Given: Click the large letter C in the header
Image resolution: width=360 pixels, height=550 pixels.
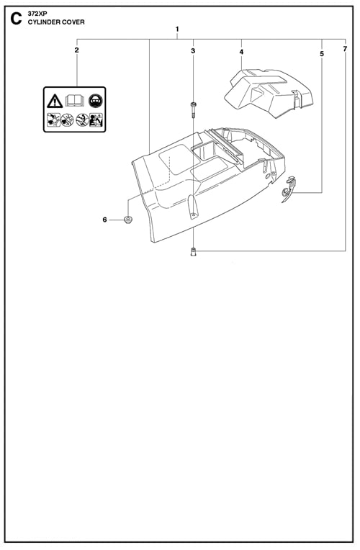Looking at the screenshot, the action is (x=16, y=19).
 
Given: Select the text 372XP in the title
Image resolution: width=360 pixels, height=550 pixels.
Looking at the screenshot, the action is (x=35, y=14).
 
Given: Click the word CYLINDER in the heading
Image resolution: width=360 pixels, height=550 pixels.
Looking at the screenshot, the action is (x=44, y=22).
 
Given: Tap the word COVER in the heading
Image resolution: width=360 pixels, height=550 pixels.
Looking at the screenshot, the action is (x=73, y=22).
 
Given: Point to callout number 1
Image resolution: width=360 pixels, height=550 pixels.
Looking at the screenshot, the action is (x=177, y=29).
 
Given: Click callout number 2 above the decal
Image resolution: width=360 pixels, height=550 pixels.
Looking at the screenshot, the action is (x=77, y=50).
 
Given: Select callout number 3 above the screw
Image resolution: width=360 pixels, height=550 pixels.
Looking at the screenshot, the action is (x=193, y=51).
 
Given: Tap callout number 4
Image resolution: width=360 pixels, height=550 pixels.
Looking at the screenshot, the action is (x=241, y=52).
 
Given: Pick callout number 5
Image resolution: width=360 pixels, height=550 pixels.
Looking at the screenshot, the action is (x=322, y=54).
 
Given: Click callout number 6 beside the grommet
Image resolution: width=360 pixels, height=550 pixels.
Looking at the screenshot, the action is (x=104, y=220).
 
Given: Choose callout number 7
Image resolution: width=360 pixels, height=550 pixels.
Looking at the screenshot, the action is (x=346, y=49).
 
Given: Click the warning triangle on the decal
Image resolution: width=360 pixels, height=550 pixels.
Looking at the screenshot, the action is (x=55, y=102).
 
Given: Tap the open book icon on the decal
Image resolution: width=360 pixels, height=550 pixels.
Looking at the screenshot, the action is (x=75, y=101).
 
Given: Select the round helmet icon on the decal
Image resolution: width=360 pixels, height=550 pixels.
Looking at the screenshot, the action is (x=95, y=101).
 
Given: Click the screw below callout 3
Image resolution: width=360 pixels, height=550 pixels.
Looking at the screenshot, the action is (x=193, y=109).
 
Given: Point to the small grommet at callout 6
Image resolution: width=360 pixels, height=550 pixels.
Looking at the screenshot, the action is (x=128, y=220).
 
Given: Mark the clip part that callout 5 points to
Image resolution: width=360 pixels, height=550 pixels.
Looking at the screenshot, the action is (x=289, y=189).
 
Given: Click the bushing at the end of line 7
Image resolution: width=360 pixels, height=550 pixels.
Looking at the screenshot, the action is (x=193, y=251).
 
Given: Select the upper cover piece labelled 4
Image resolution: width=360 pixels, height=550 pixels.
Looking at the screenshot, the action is (x=269, y=91).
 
